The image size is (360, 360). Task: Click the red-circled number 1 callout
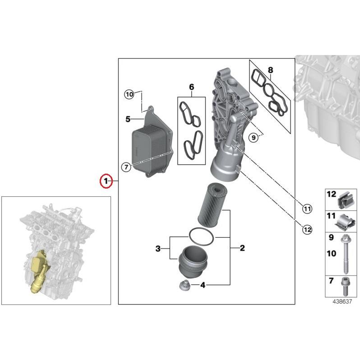[x=106, y=181]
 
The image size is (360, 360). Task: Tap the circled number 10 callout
[x=129, y=94]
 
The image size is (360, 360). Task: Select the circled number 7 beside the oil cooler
[x=126, y=167]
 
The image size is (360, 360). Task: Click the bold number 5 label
[x=128, y=119]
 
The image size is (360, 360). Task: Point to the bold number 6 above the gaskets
[x=191, y=87]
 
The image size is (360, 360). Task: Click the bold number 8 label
[x=271, y=70]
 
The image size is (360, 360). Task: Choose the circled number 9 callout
[x=254, y=137]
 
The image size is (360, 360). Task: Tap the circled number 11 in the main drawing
[x=307, y=209]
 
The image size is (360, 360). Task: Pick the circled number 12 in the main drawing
[x=307, y=229]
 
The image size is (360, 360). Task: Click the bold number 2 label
[x=242, y=248]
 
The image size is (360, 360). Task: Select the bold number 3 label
[x=158, y=249]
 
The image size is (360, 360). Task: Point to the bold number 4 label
[x=203, y=285]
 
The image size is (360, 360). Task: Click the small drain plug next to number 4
[x=184, y=286]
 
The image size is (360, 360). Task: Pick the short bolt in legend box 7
[x=346, y=287]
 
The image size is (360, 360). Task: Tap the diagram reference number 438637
[x=342, y=301]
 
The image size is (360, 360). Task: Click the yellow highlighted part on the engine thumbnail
[x=39, y=272]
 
